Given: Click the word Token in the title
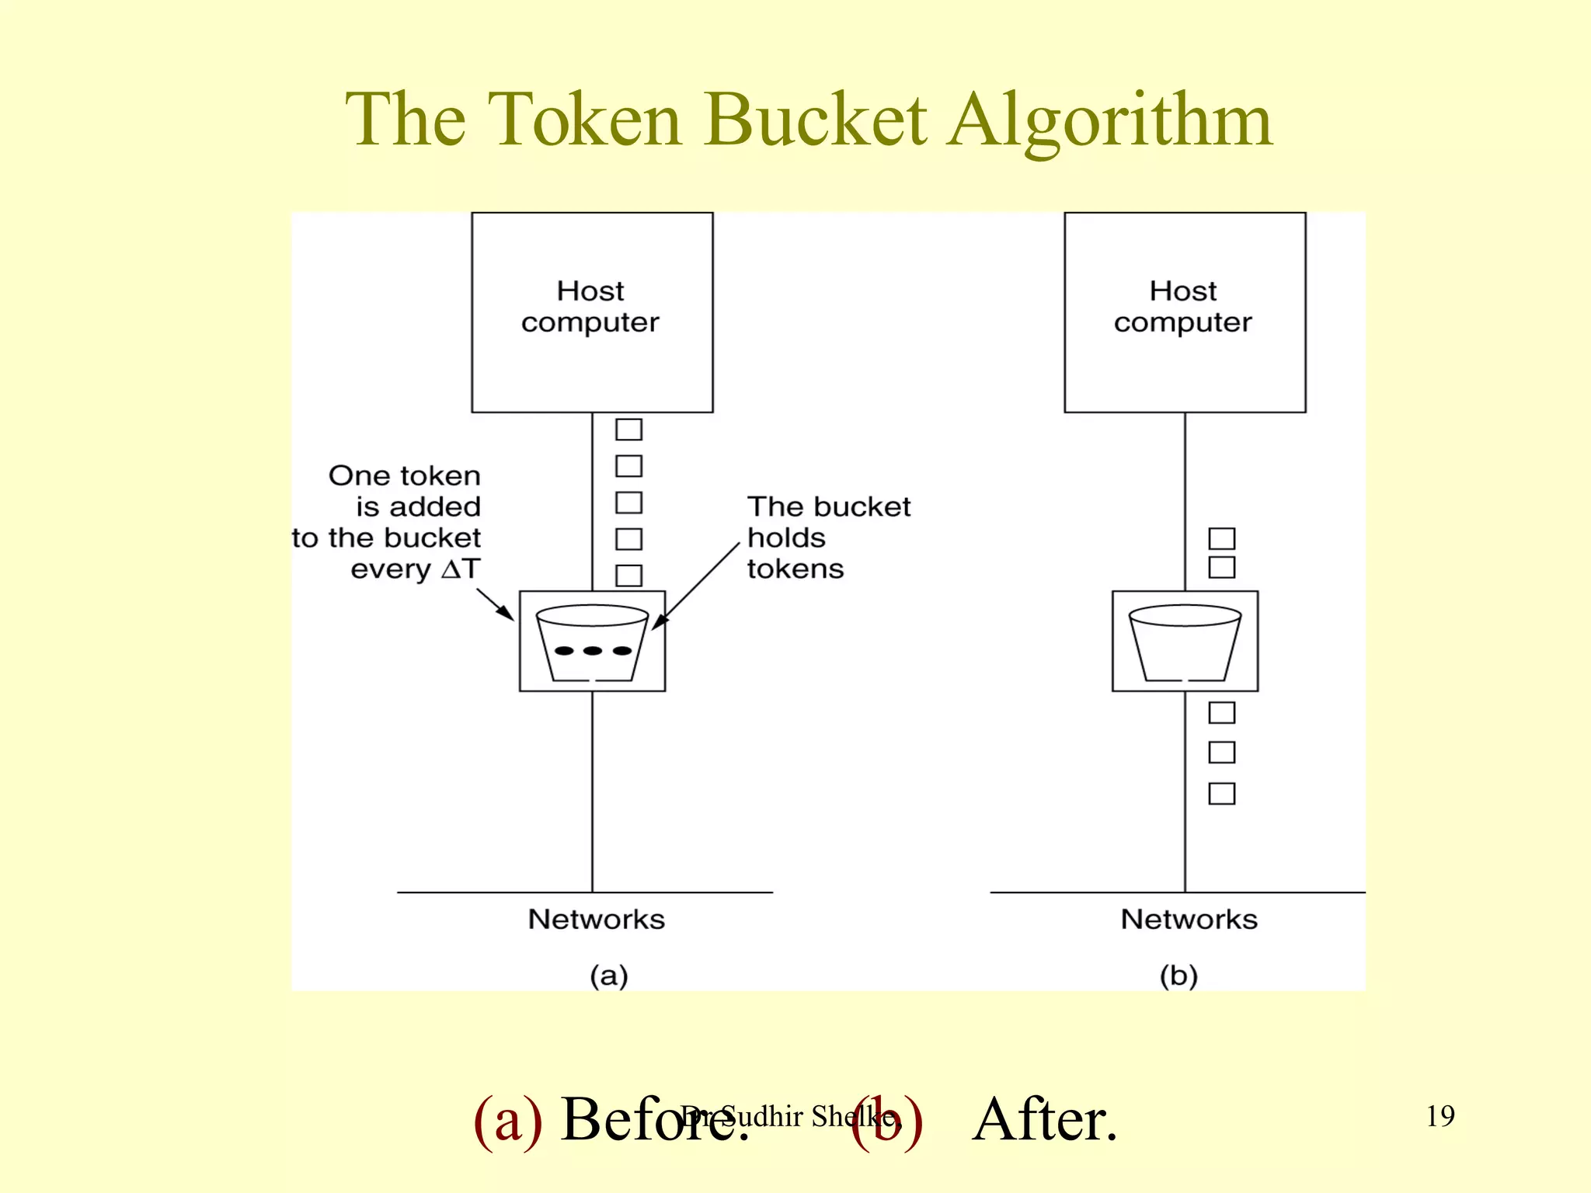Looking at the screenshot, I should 586,120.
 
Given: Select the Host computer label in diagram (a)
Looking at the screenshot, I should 590,307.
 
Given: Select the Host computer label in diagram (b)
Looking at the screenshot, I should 1182,307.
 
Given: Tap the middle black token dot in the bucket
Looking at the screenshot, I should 592,651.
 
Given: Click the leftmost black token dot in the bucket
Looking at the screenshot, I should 564,651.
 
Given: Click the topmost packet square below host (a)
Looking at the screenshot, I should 628,430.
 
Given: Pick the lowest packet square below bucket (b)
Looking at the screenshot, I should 1221,794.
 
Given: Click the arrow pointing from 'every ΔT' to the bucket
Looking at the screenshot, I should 496,604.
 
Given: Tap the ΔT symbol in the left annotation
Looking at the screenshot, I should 461,569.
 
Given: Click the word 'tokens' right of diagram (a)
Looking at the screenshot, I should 795,569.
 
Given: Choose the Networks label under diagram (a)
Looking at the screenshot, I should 596,920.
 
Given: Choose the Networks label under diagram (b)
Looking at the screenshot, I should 1189,920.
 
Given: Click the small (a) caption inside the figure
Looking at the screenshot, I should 608,976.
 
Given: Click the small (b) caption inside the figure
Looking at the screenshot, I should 1178,976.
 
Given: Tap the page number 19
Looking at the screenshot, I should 1440,1116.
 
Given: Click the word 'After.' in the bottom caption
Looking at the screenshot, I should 1045,1119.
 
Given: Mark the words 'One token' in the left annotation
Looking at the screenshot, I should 404,475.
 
